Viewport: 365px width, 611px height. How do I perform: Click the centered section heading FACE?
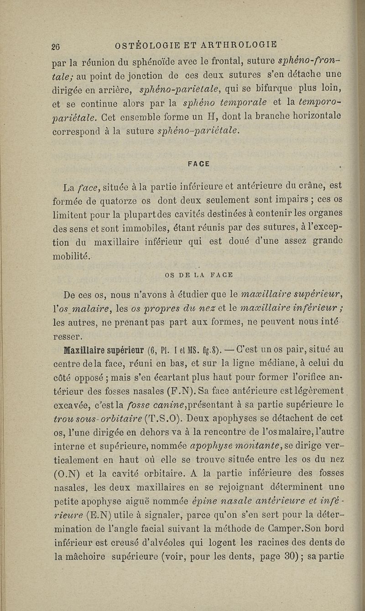coord(198,164)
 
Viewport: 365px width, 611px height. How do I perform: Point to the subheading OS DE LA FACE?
coord(198,275)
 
